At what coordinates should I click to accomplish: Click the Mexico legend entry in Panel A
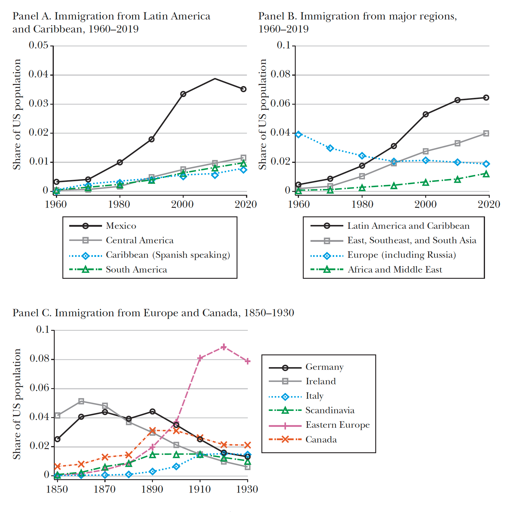tap(121, 226)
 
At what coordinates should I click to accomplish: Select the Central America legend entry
tap(139, 241)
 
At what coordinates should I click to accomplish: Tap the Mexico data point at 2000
tap(183, 94)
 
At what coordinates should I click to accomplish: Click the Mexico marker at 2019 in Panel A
tap(243, 89)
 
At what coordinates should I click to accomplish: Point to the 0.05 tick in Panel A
tap(38, 45)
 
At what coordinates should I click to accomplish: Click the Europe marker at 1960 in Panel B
tap(298, 135)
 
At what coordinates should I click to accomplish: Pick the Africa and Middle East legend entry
tap(394, 270)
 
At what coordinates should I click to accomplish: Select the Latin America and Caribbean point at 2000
tap(426, 114)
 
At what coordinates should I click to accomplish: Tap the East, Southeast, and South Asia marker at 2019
tap(486, 133)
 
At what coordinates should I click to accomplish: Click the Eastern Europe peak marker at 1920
tap(224, 347)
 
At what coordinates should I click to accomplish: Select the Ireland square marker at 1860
tap(81, 401)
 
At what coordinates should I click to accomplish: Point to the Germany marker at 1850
tap(57, 439)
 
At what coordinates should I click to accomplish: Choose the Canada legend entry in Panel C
tap(321, 440)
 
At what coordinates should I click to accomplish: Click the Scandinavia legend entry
tap(330, 410)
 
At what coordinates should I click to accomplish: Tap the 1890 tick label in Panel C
tap(152, 489)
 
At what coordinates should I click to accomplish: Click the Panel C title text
tap(153, 313)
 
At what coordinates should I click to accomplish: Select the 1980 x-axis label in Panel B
tap(362, 204)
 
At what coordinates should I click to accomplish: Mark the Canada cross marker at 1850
tap(57, 466)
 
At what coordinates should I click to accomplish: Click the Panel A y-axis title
tap(17, 114)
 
